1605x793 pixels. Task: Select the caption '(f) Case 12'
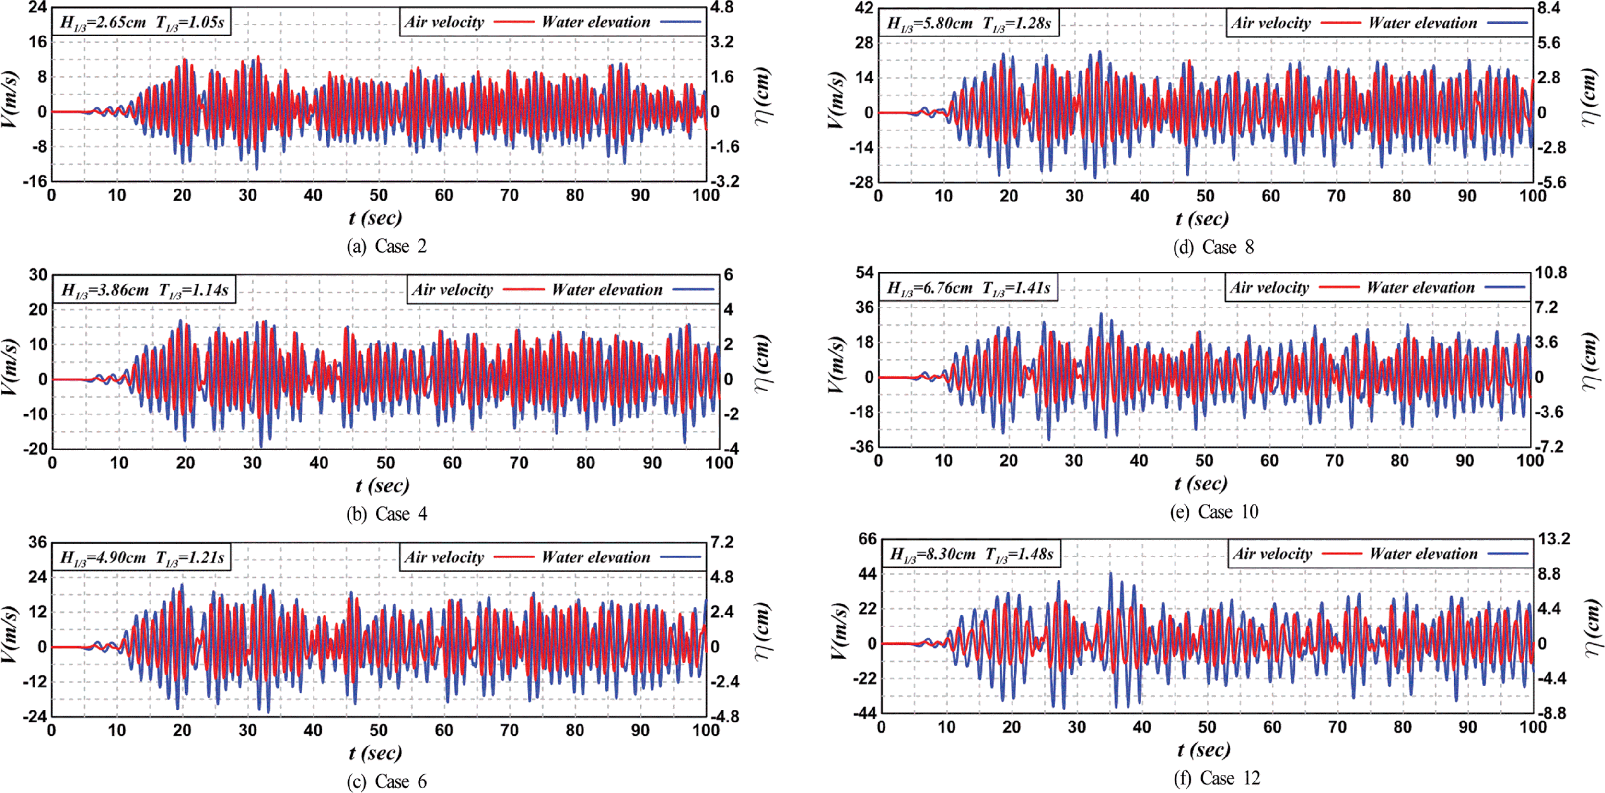1216,779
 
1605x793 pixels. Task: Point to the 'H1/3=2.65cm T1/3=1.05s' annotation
142,23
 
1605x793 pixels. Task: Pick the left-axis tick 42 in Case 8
864,8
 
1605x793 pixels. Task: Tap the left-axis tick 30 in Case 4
38,275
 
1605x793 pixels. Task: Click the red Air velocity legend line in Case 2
513,22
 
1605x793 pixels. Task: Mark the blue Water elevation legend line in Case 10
1505,287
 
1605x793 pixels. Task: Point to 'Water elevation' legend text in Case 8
1422,23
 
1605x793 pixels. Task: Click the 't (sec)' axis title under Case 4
382,485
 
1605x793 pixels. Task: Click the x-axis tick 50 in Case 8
1204,196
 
